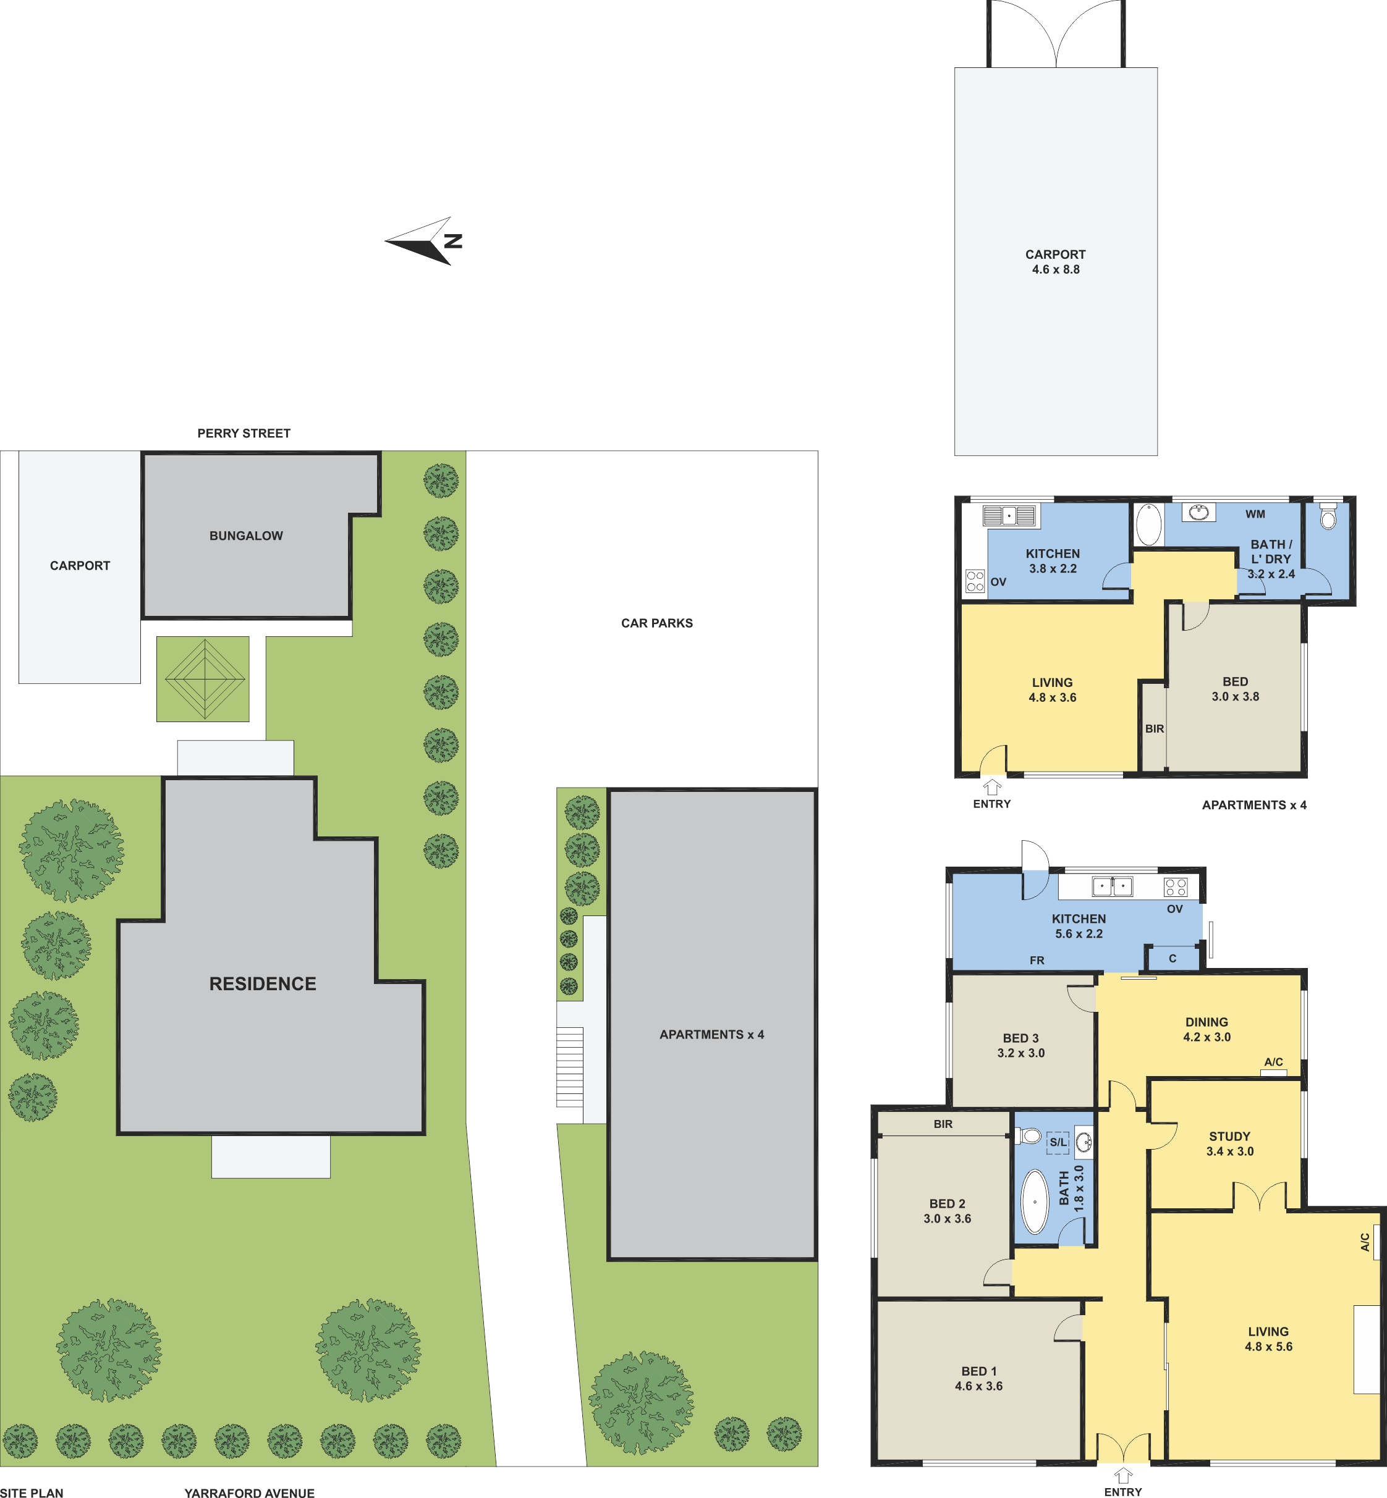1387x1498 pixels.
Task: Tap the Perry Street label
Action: [244, 434]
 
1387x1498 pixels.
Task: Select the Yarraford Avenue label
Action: [249, 1492]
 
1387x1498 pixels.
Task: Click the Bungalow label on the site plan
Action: [246, 536]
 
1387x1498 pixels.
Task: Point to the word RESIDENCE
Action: [263, 983]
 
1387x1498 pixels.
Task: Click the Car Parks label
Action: [656, 623]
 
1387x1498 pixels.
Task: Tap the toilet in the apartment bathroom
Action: [1328, 517]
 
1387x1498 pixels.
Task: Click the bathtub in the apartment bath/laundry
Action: [1148, 524]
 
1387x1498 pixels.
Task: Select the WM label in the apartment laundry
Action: [1255, 514]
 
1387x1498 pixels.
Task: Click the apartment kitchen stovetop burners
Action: [975, 581]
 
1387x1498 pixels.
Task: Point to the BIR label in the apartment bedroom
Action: [1155, 728]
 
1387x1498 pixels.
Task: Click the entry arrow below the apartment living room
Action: [992, 786]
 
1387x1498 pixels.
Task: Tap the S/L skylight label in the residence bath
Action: [1058, 1142]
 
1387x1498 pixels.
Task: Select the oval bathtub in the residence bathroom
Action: [1035, 1201]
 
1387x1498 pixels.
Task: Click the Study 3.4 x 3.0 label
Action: [1229, 1144]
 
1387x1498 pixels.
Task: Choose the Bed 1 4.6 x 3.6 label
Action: [978, 1379]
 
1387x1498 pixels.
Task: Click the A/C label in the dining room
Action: [1274, 1061]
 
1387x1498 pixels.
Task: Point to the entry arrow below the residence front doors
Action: [1123, 1476]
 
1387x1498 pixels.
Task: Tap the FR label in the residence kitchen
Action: [1037, 960]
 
